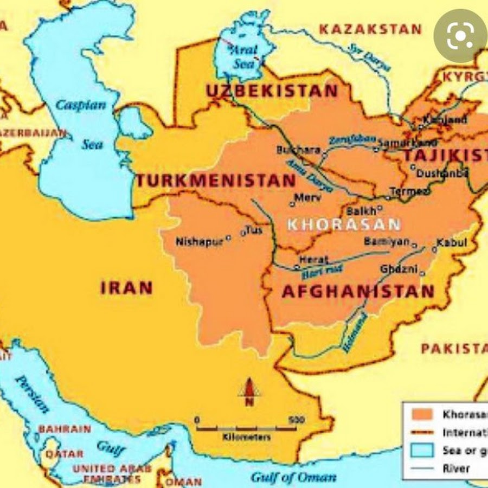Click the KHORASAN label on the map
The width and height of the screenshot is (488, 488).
click(x=344, y=224)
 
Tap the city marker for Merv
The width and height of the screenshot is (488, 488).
click(x=292, y=204)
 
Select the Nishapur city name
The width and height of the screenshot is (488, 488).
click(x=199, y=242)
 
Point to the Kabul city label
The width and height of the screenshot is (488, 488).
click(x=451, y=242)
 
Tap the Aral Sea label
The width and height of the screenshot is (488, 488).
click(x=243, y=56)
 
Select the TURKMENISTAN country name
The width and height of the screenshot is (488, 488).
click(x=215, y=181)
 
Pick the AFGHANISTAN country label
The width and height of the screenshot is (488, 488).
click(x=358, y=292)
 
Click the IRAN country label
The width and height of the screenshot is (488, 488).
click(x=126, y=288)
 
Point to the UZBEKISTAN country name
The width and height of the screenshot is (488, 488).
click(x=272, y=91)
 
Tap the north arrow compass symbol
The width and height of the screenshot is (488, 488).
click(x=249, y=391)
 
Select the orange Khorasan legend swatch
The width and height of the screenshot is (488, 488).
click(x=422, y=414)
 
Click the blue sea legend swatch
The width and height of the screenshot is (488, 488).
click(x=422, y=450)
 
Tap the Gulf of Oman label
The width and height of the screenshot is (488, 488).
click(x=293, y=478)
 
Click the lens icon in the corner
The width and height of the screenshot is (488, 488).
click(x=460, y=35)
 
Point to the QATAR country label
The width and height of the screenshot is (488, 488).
click(x=64, y=453)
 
